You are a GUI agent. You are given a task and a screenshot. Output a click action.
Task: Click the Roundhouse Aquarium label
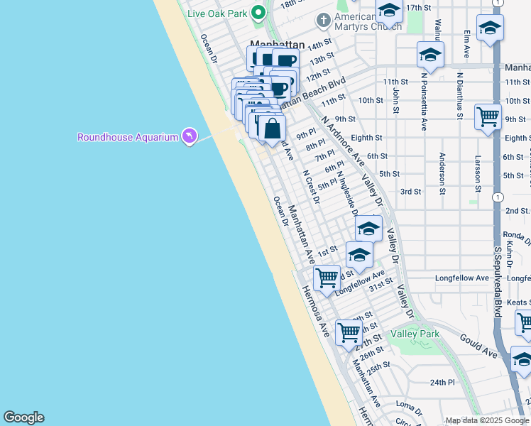(x=127, y=137)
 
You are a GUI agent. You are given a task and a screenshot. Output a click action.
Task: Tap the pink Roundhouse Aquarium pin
(x=188, y=135)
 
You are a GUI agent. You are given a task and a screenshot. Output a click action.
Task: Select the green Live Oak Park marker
(x=259, y=12)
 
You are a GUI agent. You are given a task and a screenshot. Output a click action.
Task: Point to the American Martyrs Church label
(x=355, y=22)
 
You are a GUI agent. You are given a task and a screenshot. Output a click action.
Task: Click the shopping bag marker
(x=272, y=129)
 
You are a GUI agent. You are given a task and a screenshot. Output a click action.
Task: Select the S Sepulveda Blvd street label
(x=498, y=277)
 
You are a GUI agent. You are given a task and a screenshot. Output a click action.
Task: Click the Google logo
(x=23, y=417)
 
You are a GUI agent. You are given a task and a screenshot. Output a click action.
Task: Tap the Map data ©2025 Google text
(x=486, y=420)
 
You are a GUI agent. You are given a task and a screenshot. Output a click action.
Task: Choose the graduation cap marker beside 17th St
(x=389, y=11)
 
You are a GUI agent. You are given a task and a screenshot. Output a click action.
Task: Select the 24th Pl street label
(x=442, y=382)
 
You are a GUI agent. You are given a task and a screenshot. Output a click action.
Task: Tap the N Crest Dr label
(x=312, y=186)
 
